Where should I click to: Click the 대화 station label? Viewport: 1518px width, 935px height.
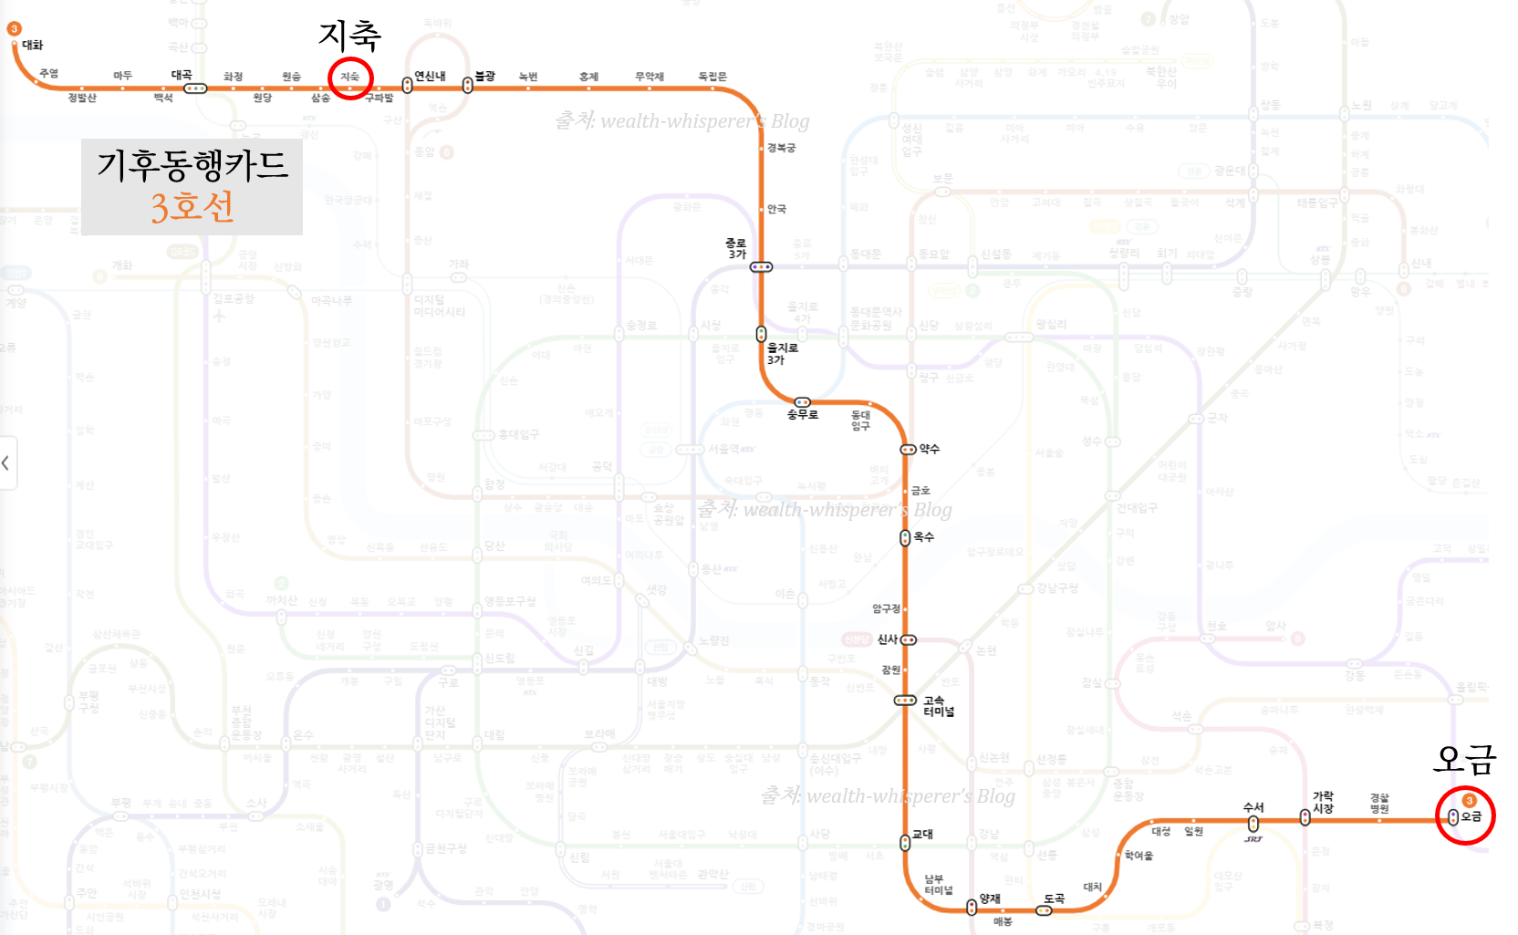click(x=33, y=45)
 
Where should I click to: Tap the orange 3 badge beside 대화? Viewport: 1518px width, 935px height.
click(x=14, y=29)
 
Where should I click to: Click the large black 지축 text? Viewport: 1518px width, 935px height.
click(x=349, y=36)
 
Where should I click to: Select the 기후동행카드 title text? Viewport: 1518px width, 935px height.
click(x=192, y=165)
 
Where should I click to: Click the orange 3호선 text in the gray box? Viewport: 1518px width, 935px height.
click(x=192, y=207)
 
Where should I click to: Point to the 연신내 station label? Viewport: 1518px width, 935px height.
click(x=430, y=76)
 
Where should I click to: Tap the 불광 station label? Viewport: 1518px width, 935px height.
click(x=484, y=76)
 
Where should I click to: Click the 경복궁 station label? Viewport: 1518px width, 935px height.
click(x=781, y=148)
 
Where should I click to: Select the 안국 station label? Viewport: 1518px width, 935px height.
click(x=776, y=209)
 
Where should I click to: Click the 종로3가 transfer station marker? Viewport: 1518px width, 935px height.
click(x=761, y=267)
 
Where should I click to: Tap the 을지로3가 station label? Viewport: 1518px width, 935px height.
click(x=782, y=354)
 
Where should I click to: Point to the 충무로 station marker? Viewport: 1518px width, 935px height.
click(x=802, y=402)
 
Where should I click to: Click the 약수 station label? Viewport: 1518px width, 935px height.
click(x=929, y=449)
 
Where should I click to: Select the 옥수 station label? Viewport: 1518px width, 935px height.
click(x=924, y=537)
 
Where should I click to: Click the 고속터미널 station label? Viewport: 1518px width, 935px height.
click(x=938, y=706)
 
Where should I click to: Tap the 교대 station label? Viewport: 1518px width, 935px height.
click(x=922, y=834)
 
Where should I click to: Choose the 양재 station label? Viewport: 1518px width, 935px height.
click(x=990, y=899)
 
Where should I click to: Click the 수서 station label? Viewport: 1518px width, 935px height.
click(x=1253, y=807)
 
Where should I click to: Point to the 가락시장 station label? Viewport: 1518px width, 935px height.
click(x=1323, y=802)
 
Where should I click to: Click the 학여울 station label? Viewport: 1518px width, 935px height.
click(x=1138, y=856)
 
